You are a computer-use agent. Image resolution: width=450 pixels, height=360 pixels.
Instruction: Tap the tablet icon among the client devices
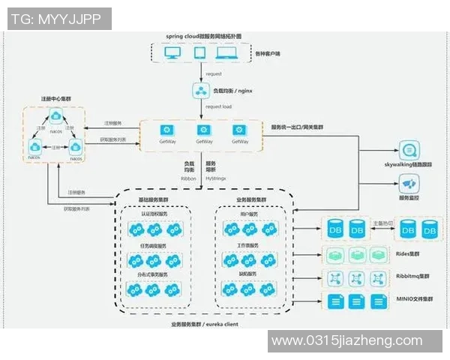point(199,54)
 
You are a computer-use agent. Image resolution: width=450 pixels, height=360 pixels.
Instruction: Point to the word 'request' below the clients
point(214,73)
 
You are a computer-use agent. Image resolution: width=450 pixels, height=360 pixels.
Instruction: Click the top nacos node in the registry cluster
point(55,115)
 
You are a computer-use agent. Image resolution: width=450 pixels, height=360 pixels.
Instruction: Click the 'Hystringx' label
point(211,178)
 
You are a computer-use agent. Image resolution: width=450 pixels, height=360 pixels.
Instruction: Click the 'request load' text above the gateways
point(217,106)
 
